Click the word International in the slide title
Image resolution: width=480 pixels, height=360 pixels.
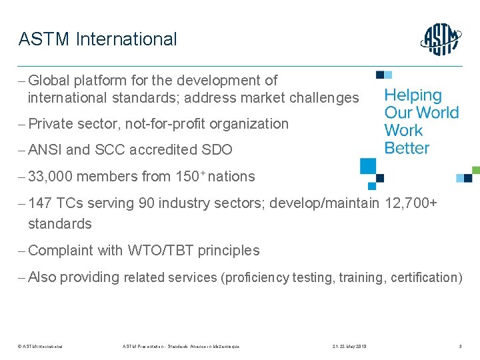click(127, 39)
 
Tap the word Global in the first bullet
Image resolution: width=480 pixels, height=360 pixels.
click(50, 81)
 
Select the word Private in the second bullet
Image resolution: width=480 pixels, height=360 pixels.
click(51, 124)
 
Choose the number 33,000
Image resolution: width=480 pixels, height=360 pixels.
click(51, 177)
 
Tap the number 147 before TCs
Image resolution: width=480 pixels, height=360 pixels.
click(41, 203)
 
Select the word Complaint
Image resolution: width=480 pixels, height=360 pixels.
click(61, 251)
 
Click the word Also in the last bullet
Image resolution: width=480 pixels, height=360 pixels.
click(41, 277)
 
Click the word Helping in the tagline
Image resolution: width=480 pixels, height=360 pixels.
click(413, 96)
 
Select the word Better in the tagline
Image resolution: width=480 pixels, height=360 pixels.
click(407, 148)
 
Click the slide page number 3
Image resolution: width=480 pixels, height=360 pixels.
click(460, 346)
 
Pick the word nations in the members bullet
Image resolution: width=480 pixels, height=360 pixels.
click(231, 177)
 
